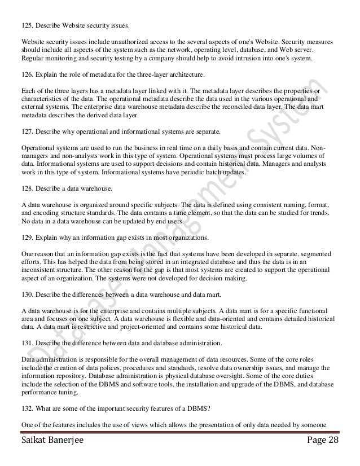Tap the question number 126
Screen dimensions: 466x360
pyautogui.click(x=27, y=74)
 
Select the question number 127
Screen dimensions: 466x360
pyautogui.click(x=27, y=131)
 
